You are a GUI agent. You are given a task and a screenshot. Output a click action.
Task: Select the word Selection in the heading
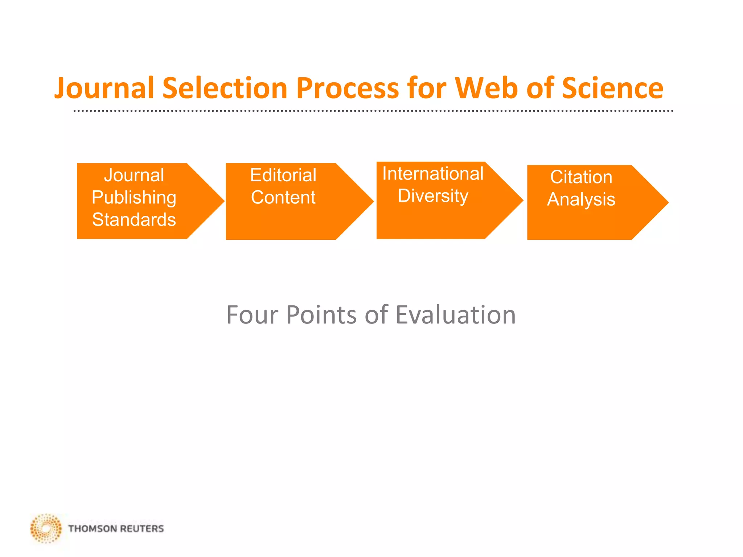point(225,88)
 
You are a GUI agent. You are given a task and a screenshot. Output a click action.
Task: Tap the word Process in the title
point(348,88)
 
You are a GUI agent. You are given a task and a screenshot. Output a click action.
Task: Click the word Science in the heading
point(612,88)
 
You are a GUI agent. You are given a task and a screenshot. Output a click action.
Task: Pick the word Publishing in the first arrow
point(134,198)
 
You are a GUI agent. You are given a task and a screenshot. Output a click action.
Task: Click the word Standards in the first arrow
point(134,220)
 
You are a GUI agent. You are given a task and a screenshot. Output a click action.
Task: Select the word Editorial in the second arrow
point(283,176)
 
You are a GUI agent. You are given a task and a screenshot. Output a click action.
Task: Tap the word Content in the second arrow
point(283,198)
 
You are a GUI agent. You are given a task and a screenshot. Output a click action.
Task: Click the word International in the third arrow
point(433,174)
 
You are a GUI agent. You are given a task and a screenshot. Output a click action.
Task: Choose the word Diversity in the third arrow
point(433,196)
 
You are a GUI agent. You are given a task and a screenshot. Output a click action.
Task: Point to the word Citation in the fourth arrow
point(581,177)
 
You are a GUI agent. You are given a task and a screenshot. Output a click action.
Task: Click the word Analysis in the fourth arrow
point(581,199)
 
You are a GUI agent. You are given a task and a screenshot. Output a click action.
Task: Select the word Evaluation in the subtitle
point(455,315)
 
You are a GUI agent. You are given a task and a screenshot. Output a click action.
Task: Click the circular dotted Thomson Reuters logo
point(46,528)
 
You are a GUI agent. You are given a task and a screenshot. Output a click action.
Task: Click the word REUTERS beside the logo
point(142,529)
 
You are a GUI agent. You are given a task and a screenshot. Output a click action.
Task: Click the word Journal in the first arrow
point(134,176)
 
